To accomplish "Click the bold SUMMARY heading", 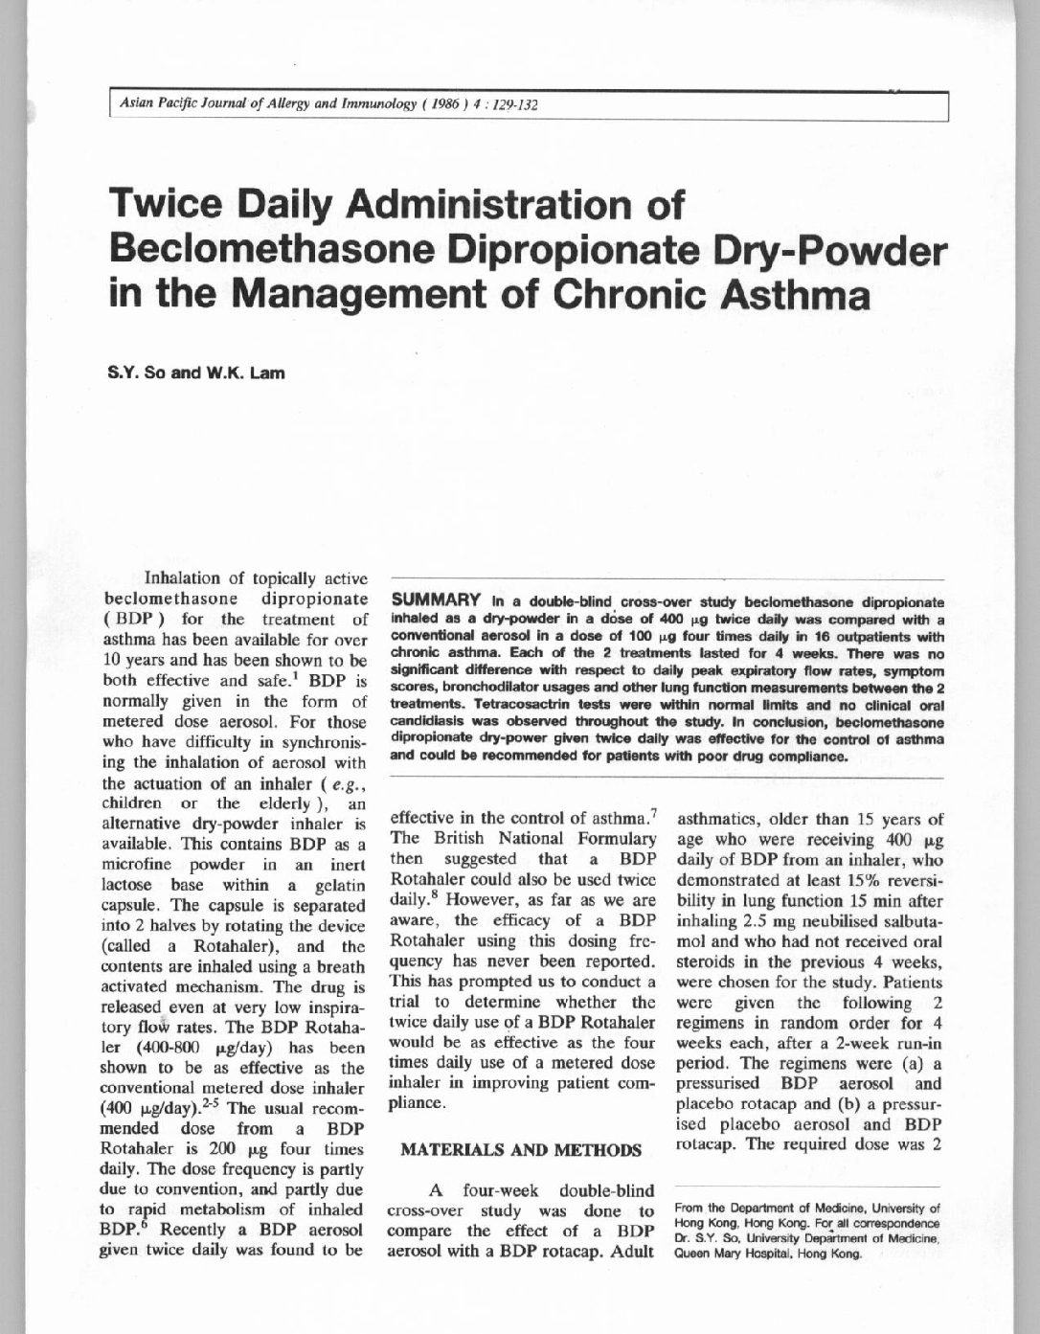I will pyautogui.click(x=435, y=600).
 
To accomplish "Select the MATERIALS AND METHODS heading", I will pyautogui.click(x=520, y=1149).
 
